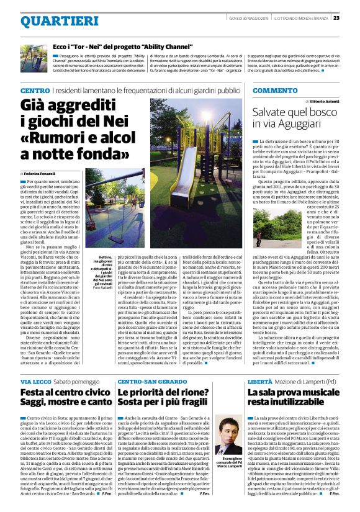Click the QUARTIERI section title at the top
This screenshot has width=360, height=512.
tap(50, 21)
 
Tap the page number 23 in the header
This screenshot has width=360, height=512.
tap(353, 17)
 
